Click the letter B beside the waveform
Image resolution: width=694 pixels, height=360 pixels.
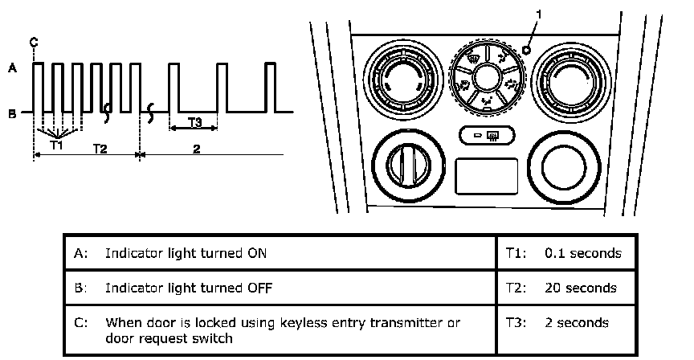[x=12, y=113]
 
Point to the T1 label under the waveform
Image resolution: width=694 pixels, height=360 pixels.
[x=55, y=145]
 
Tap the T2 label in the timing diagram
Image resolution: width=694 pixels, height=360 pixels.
[x=100, y=149]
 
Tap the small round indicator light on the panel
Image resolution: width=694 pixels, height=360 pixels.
[x=526, y=50]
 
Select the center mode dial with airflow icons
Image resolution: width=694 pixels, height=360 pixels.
[x=486, y=78]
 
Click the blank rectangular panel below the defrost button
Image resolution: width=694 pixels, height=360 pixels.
[x=486, y=176]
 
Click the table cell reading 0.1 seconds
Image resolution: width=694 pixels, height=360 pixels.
[x=582, y=253]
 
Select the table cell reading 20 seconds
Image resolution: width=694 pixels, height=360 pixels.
[x=581, y=288]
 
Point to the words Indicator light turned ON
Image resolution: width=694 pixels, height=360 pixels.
[x=186, y=253]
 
